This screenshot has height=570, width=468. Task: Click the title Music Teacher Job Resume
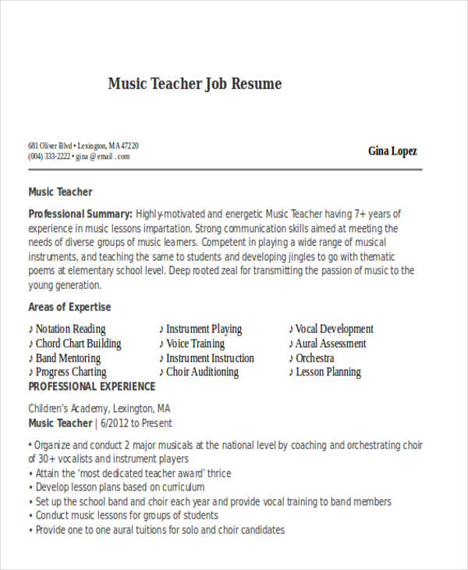pos(194,84)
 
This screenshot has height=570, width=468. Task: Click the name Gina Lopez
pos(392,151)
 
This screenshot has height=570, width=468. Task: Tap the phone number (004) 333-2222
pos(49,156)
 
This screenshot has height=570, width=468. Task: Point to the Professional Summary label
pos(80,214)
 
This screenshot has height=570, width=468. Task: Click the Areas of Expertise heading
pos(69,307)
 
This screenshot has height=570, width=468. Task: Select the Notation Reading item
pos(70,329)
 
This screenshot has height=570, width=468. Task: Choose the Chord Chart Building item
pos(78,344)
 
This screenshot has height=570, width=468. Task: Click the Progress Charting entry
pos(71,372)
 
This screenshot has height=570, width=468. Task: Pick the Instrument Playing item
pos(204,329)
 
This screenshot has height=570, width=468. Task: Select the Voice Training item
pos(195,344)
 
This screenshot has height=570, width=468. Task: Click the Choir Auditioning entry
pos(202,372)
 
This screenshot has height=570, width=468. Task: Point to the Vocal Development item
pos(334,329)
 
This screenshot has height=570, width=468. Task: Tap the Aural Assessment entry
pos(331,344)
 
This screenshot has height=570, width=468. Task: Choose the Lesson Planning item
pos(328,372)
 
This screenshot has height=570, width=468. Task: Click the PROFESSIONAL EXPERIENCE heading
pos(92,387)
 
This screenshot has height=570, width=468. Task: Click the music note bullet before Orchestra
pos(291,358)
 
